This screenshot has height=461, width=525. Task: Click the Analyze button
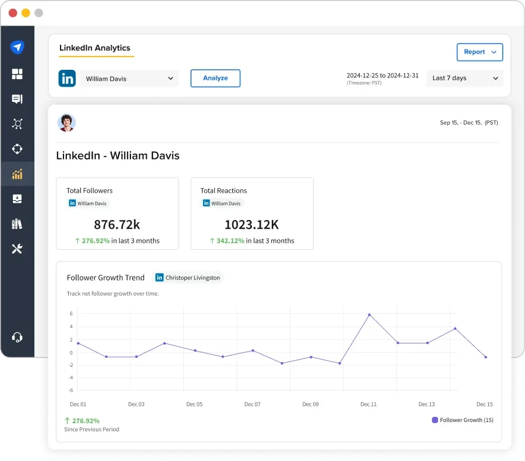(x=215, y=78)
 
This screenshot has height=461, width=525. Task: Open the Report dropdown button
(x=480, y=52)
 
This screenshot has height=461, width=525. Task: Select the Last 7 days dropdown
(x=465, y=78)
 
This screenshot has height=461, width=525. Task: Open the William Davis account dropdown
(x=129, y=79)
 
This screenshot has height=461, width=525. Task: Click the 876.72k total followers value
(x=117, y=224)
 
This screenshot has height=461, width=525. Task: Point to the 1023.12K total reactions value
(x=251, y=224)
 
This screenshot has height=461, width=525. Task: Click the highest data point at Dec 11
(x=369, y=315)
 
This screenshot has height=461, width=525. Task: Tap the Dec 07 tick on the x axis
(x=253, y=404)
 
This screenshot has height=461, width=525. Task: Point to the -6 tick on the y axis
(x=71, y=390)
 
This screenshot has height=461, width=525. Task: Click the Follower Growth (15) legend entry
(x=463, y=420)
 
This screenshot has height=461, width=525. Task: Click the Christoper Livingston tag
(x=188, y=278)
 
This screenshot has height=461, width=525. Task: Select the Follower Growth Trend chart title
(x=105, y=278)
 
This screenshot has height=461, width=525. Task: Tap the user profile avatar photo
(x=66, y=123)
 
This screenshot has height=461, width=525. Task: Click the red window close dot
(x=13, y=13)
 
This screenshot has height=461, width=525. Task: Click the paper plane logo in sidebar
(x=17, y=47)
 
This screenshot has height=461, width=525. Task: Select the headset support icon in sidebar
(x=17, y=337)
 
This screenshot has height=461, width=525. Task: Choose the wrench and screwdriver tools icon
(x=17, y=249)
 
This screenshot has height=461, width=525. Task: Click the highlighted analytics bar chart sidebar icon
(x=17, y=173)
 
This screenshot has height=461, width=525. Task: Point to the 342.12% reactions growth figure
(x=230, y=240)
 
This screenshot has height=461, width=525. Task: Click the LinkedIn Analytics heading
(x=95, y=48)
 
